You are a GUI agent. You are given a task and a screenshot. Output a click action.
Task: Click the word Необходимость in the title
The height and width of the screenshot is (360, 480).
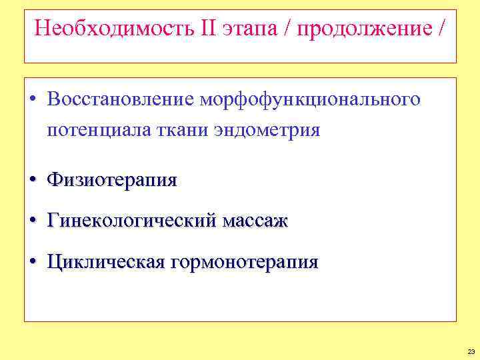(x=111, y=29)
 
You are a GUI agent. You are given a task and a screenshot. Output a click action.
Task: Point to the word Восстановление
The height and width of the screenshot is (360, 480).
(x=120, y=99)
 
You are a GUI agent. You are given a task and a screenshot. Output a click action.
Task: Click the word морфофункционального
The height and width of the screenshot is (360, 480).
(x=309, y=100)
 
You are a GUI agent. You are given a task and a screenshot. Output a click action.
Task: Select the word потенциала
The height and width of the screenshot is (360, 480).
(x=96, y=130)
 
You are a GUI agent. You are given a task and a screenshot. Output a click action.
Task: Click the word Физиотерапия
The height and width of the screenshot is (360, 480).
(x=112, y=180)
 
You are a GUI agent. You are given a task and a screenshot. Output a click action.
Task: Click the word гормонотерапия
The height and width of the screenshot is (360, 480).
(x=245, y=263)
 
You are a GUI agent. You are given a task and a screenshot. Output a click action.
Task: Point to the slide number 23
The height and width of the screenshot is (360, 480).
(x=471, y=351)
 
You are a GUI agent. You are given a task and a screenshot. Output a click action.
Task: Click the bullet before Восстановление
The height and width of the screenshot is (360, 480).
(x=33, y=100)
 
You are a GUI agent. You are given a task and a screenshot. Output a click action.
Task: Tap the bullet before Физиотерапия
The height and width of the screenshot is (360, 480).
(x=33, y=180)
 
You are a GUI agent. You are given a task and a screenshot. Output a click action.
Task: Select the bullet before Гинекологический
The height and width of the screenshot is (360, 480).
(x=33, y=221)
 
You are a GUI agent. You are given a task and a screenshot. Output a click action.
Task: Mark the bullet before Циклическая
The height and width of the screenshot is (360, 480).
(x=33, y=262)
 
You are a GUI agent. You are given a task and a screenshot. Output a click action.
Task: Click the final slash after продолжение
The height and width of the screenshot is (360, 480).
(x=442, y=29)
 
